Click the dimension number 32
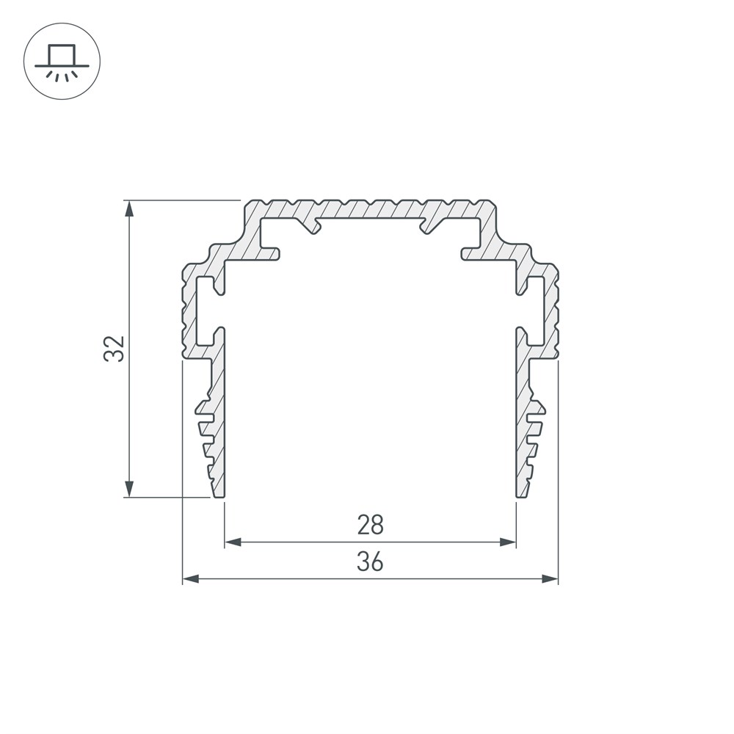(114, 348)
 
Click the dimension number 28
(370, 526)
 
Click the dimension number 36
(370, 562)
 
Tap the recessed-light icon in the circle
(62, 62)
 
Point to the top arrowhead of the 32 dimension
(129, 208)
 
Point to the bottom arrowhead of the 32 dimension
(129, 489)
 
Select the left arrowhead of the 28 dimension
(233, 542)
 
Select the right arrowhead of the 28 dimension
(508, 542)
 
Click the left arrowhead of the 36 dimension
(191, 579)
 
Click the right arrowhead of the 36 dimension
(550, 579)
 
